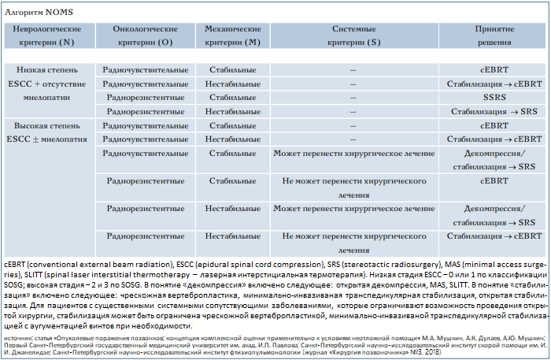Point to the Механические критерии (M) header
[x=232, y=35]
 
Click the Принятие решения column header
[x=494, y=35]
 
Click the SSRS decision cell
[x=494, y=98]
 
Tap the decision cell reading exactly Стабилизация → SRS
[x=494, y=112]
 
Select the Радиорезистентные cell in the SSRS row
[x=146, y=98]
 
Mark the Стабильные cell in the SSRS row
[x=232, y=98]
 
